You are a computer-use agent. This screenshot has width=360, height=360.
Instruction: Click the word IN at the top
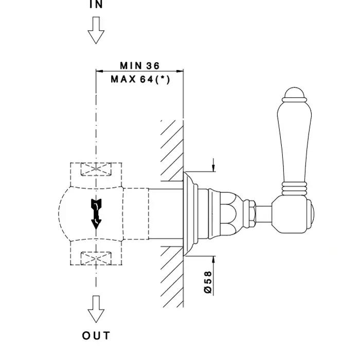tap(96, 4)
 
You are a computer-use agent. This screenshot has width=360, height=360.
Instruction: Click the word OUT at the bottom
tap(96, 336)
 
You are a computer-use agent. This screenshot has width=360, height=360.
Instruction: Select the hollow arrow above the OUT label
tap(96, 308)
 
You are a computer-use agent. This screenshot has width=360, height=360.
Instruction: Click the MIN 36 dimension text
tap(140, 66)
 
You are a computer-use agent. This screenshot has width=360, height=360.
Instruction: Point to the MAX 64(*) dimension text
tap(140, 79)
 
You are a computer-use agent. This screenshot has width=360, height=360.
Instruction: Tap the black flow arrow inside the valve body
tap(96, 211)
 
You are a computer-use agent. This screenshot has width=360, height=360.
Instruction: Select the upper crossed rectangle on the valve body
tap(96, 169)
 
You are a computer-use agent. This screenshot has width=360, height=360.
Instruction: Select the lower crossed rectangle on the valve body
tap(96, 257)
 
